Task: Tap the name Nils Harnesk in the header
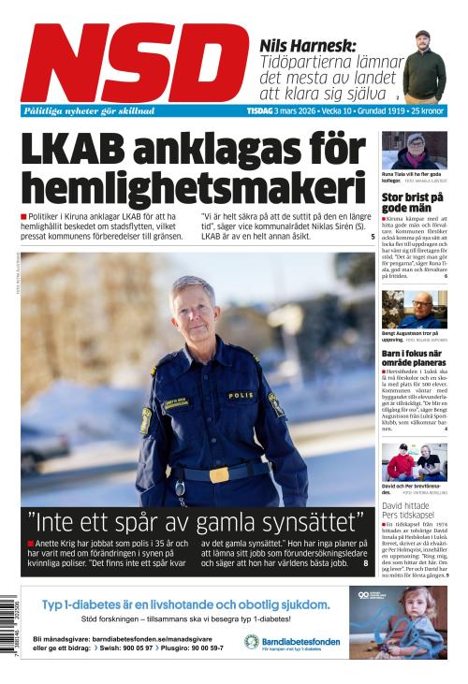[x=310, y=43]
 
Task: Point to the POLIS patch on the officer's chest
[x=241, y=396]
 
